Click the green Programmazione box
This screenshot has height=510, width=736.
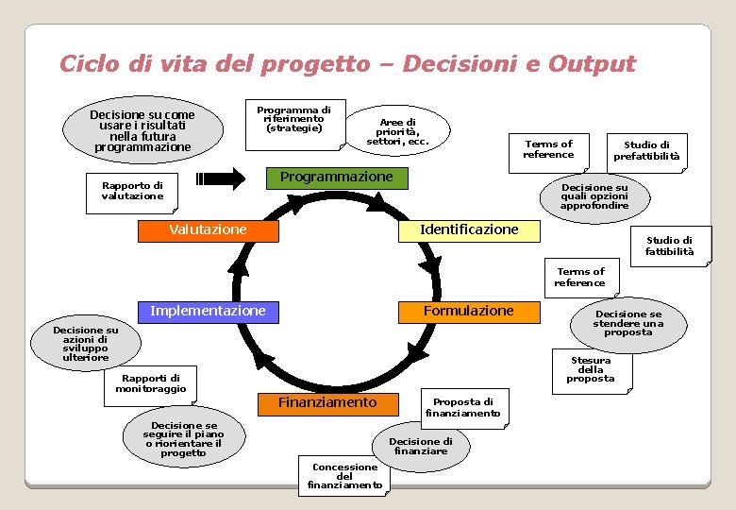(336, 178)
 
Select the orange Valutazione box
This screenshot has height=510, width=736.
(208, 230)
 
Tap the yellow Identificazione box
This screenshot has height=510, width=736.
(469, 229)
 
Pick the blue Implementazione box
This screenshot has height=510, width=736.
(208, 312)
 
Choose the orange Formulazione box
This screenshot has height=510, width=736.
(469, 312)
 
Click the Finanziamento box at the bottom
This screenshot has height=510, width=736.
(326, 403)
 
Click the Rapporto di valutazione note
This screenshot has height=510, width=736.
(132, 191)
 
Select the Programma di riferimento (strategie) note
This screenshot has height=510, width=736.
(293, 122)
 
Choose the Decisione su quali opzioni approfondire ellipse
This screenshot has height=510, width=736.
(594, 196)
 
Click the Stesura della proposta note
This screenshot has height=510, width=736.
(591, 370)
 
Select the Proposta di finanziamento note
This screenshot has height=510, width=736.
(462, 408)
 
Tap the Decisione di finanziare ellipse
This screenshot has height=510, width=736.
(421, 446)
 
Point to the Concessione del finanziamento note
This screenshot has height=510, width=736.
(344, 476)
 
